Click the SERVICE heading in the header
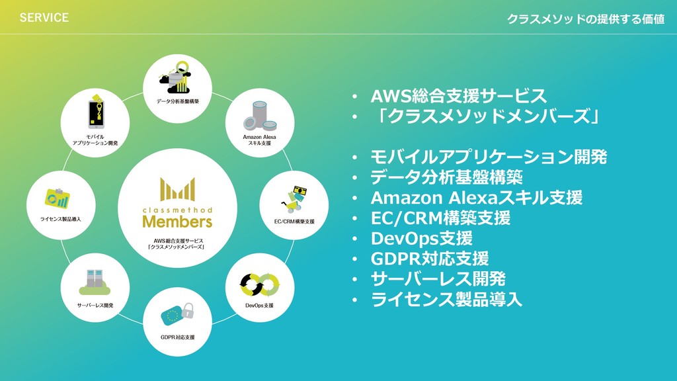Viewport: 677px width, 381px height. [44, 18]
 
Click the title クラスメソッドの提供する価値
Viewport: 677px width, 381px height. [585, 19]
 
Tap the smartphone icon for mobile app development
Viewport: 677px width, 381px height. [97, 114]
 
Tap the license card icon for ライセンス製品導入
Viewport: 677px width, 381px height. [57, 196]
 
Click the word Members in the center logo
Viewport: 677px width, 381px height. [177, 221]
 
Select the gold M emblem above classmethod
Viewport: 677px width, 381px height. [177, 189]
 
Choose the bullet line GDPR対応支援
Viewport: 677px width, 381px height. [430, 258]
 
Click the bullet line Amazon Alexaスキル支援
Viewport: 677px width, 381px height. [476, 197]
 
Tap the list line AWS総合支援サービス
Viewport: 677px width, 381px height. [458, 96]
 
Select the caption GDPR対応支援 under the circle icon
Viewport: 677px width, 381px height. [177, 337]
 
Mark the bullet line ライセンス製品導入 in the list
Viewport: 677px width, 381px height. [446, 299]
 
